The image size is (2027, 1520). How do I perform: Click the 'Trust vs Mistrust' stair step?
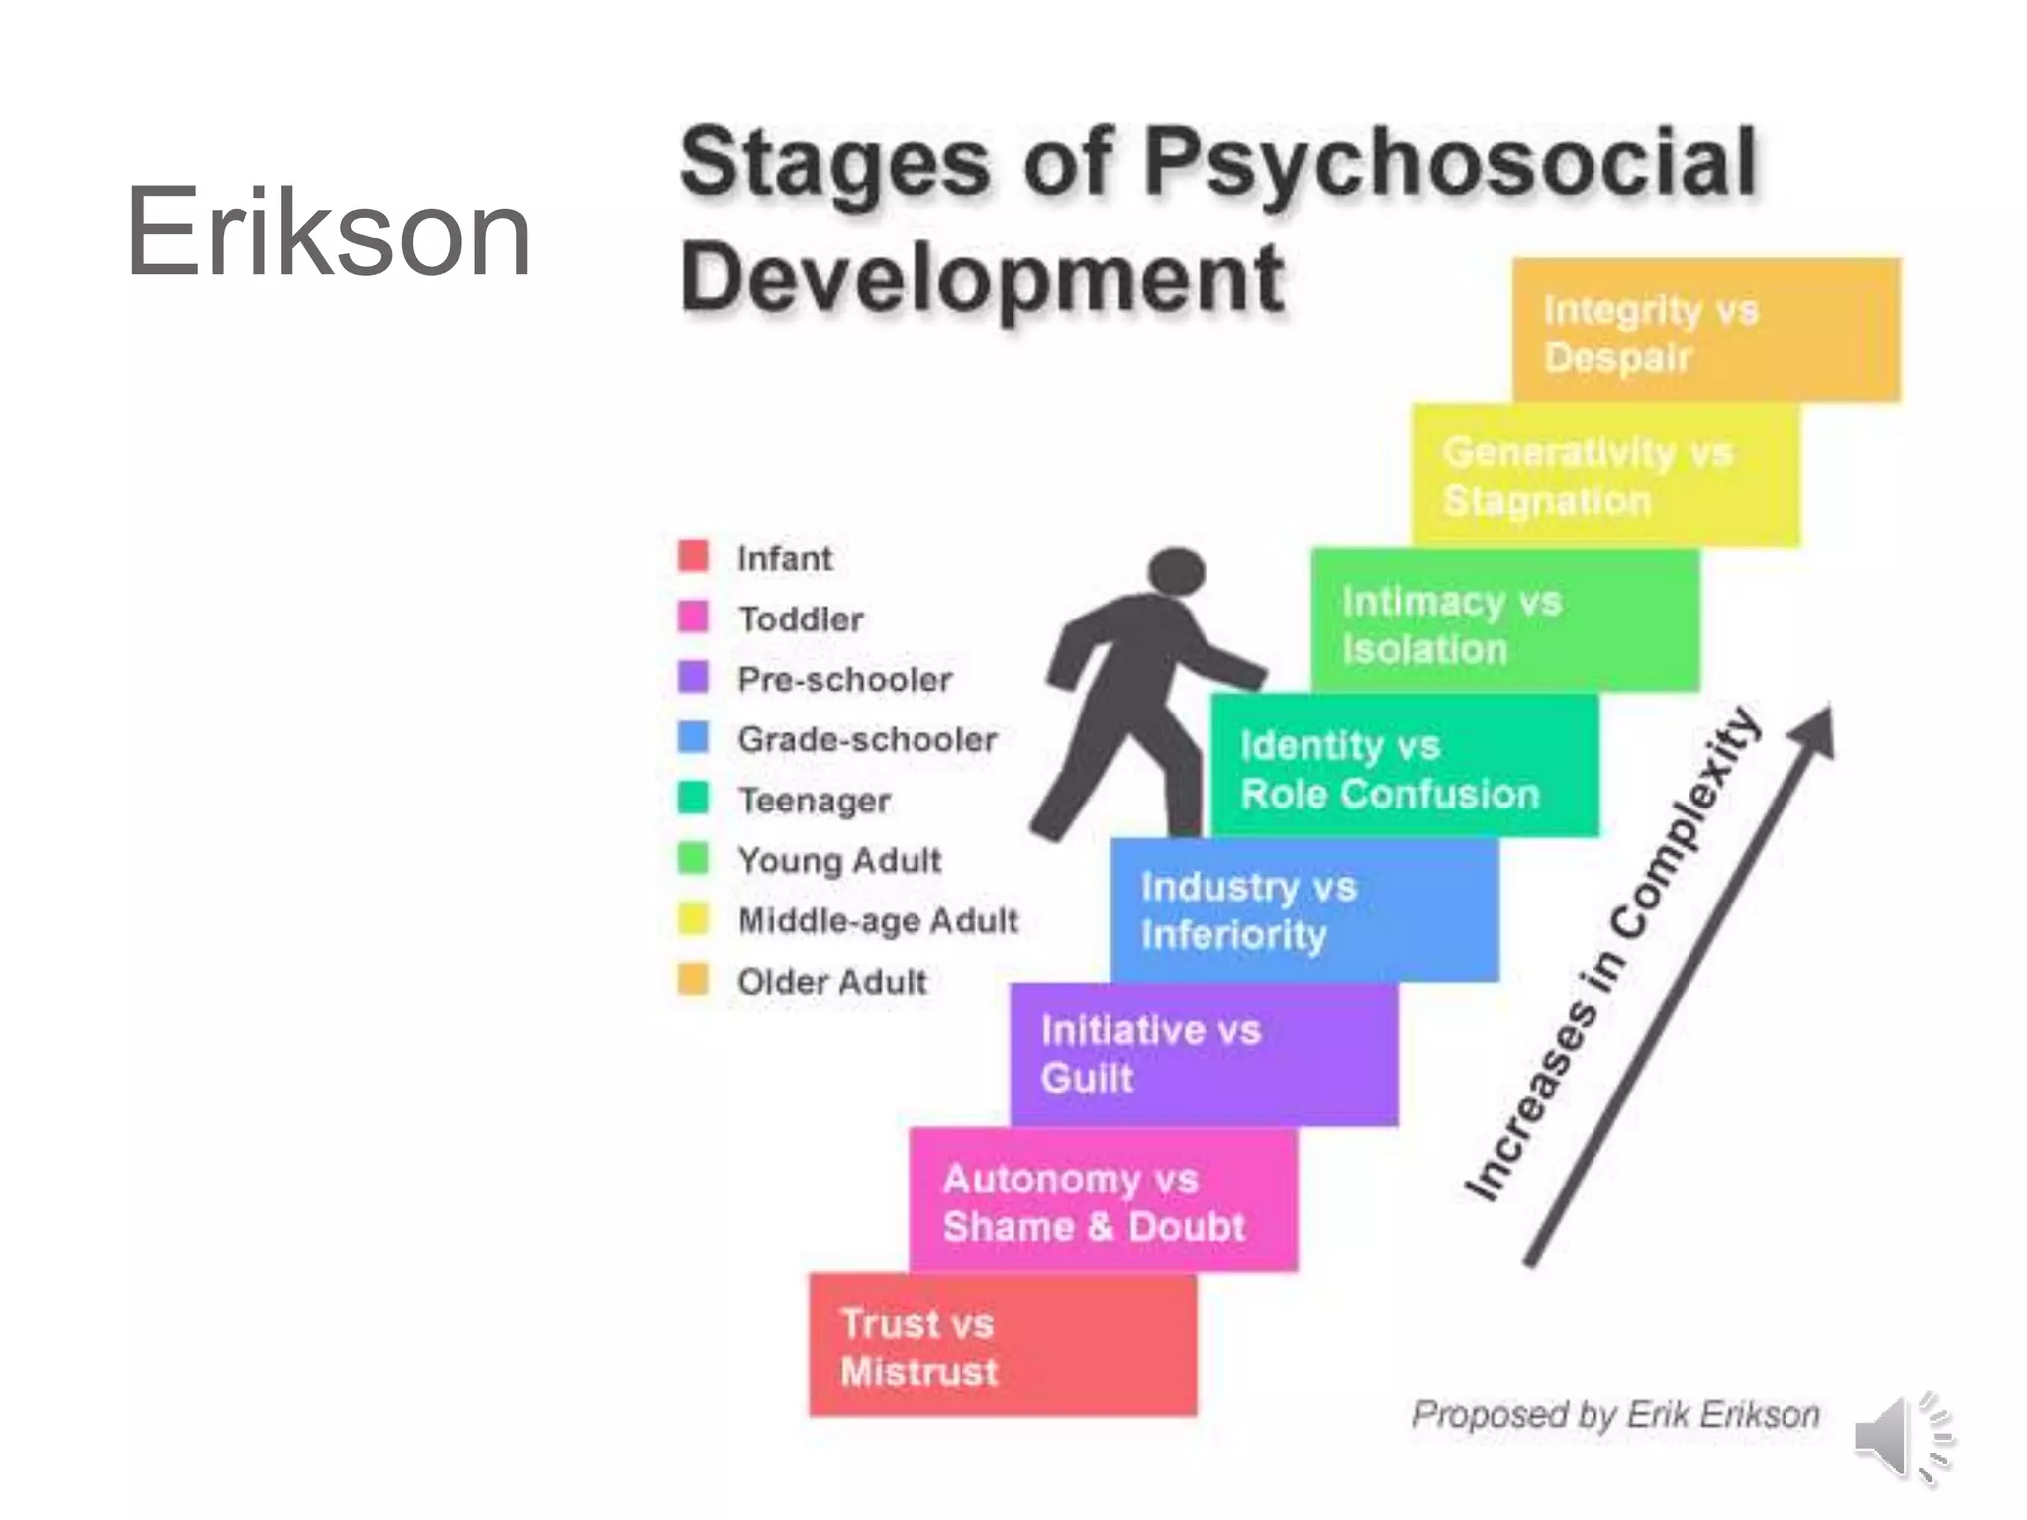click(1002, 1346)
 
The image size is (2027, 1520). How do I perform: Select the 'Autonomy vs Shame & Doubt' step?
click(1103, 1201)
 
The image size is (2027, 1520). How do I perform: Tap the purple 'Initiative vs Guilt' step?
click(1204, 1055)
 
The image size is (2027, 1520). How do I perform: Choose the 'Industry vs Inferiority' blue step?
click(1304, 910)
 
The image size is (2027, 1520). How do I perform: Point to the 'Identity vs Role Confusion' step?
click(1403, 767)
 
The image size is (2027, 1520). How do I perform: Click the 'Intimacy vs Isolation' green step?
click(1504, 622)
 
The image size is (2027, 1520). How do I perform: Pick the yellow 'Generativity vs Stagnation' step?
click(1605, 476)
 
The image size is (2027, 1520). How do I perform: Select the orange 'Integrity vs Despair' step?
click(1706, 331)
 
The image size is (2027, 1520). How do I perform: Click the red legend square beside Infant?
click(693, 556)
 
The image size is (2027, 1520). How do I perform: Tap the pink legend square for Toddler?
click(693, 617)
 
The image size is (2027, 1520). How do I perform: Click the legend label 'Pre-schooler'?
click(844, 680)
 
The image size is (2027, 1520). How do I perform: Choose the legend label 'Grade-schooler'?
click(867, 740)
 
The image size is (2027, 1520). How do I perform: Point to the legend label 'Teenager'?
click(814, 801)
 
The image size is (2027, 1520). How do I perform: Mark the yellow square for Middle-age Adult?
click(693, 919)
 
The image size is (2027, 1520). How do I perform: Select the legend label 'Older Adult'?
click(831, 982)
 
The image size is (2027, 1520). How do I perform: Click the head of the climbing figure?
click(1176, 573)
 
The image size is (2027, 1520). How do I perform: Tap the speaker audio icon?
click(1901, 1437)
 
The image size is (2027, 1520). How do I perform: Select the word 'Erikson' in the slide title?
click(328, 234)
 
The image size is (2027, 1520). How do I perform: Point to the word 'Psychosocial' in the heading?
click(1449, 162)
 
